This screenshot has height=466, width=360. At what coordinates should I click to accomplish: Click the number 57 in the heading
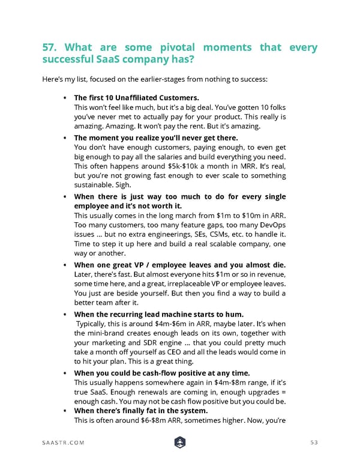50,47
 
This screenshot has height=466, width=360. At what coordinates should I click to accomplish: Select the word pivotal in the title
174,47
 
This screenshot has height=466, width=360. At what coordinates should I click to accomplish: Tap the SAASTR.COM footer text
63,443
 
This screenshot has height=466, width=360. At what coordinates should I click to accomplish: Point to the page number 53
312,443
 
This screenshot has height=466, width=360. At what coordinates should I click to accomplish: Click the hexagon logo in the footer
180,442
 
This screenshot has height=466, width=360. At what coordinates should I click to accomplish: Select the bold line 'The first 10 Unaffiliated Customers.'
136,97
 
